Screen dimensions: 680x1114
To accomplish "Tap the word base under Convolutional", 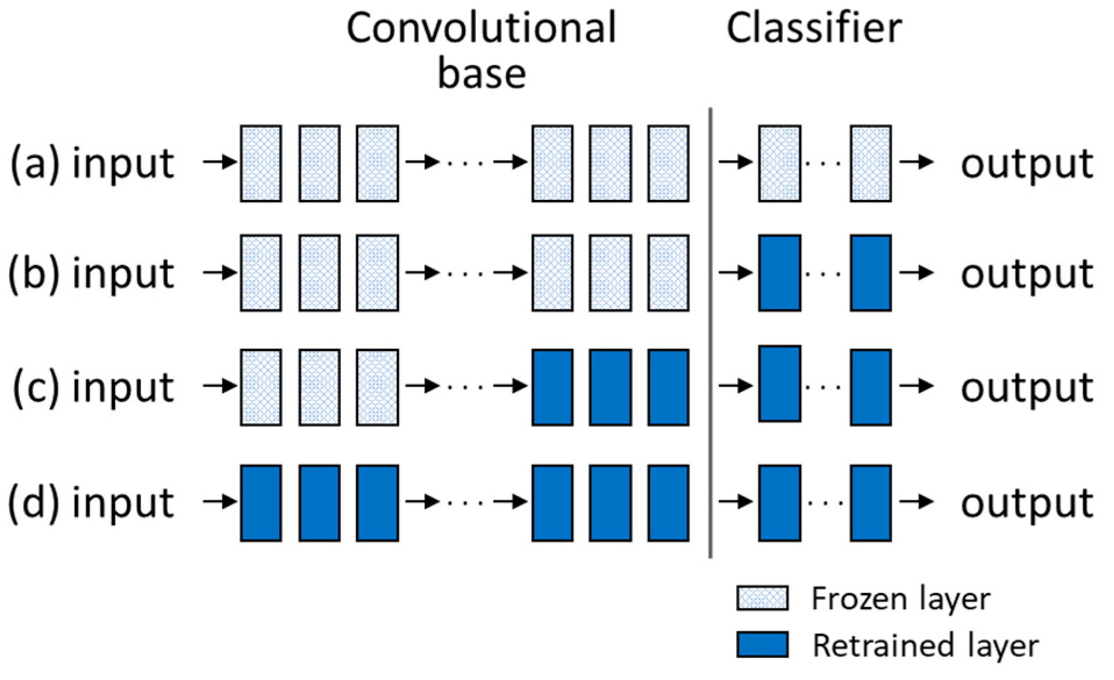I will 481,74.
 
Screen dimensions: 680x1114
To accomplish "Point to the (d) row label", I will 34,503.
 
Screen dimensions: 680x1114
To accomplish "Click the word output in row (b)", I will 1027,274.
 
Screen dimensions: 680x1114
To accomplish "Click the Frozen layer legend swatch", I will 762,599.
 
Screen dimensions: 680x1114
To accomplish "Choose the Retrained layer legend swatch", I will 762,645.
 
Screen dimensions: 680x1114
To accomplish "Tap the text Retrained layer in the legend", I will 925,645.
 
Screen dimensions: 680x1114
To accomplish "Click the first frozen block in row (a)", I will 261,163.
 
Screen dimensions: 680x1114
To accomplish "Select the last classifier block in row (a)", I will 870,163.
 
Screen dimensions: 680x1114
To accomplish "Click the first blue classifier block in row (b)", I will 780,273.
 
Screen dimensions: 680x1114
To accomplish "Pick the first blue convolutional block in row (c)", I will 552,387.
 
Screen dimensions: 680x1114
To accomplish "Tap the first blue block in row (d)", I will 261,503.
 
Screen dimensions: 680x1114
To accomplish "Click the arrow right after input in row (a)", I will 220,162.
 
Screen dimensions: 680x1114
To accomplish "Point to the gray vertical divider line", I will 710,331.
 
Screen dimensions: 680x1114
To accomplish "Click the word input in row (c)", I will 123,386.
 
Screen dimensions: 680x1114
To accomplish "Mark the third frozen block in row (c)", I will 377,387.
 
